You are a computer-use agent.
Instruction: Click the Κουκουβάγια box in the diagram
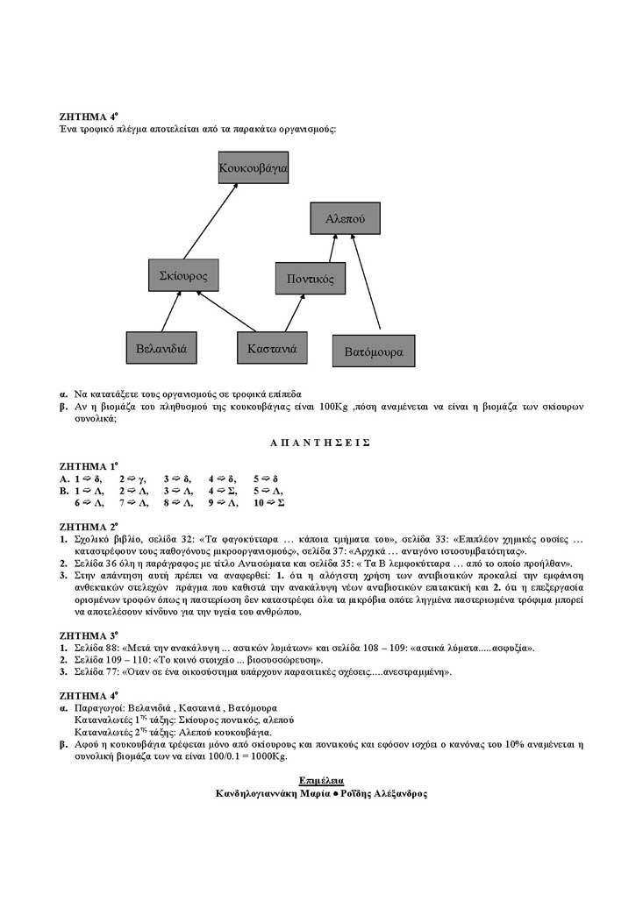click(x=253, y=166)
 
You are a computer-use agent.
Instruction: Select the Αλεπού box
click(x=345, y=218)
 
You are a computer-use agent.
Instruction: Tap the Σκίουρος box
click(x=183, y=275)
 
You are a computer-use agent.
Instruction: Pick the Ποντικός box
click(x=311, y=279)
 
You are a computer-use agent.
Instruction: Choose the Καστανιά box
click(x=272, y=348)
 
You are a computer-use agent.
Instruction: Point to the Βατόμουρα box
click(x=374, y=351)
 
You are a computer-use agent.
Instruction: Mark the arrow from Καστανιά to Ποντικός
click(x=287, y=314)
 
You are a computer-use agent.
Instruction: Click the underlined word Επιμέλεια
click(x=321, y=779)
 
